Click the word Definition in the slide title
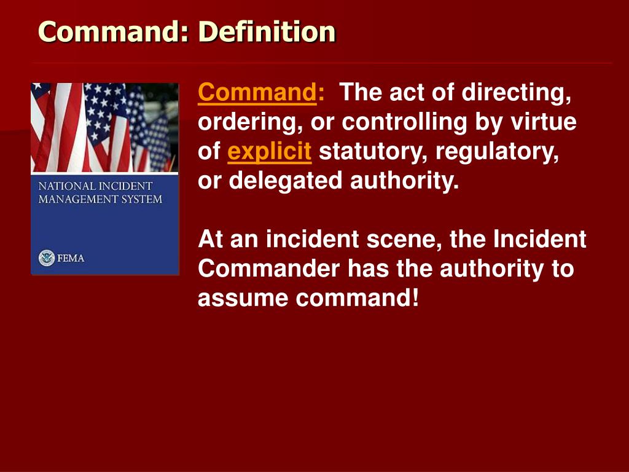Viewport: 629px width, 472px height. pos(267,31)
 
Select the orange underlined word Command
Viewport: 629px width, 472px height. pos(257,92)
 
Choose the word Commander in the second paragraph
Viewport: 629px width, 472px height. pos(269,269)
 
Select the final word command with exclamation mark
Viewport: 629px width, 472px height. pos(357,298)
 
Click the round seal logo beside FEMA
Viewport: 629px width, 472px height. pos(47,258)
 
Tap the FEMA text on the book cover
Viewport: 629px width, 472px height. pos(71,258)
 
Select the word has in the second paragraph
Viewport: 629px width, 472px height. pos(369,269)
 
